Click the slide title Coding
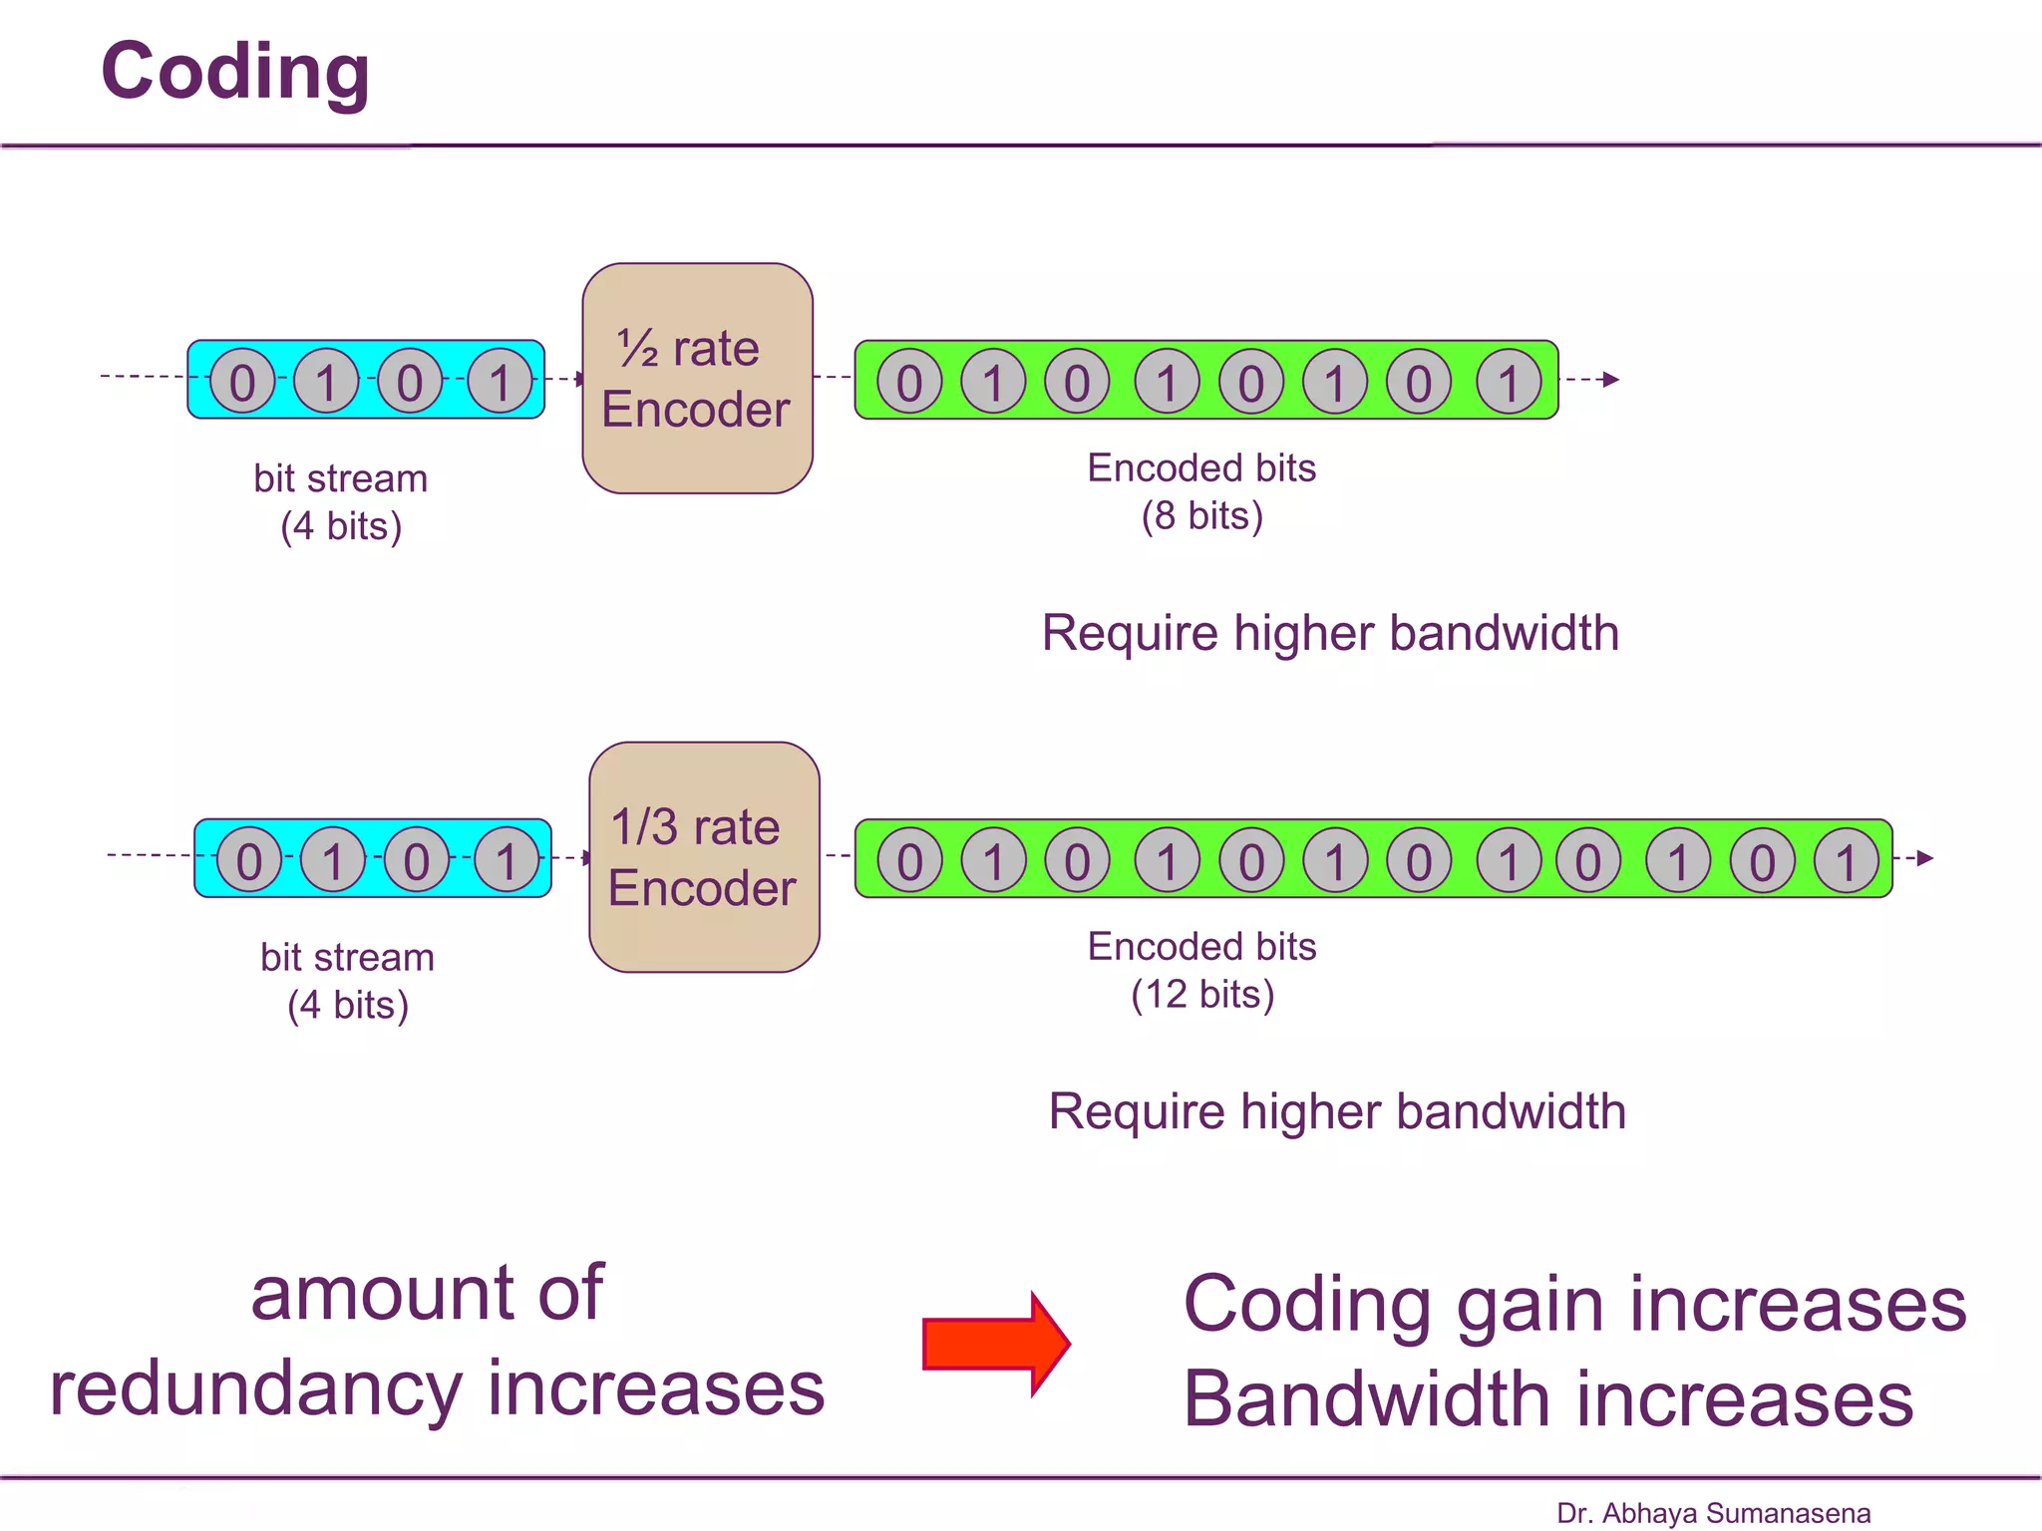(x=235, y=72)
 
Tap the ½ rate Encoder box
(x=697, y=379)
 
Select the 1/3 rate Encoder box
(x=704, y=857)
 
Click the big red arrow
(x=996, y=1344)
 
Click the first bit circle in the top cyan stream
(x=242, y=381)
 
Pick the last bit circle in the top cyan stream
(x=501, y=381)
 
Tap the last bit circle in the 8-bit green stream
(x=1509, y=381)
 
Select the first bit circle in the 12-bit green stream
(x=909, y=860)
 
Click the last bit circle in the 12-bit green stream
(x=1846, y=860)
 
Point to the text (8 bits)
(x=1201, y=516)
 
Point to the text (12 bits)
(x=1201, y=995)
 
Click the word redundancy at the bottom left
(x=255, y=1389)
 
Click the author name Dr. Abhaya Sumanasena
(x=1713, y=1513)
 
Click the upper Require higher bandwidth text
(x=1330, y=633)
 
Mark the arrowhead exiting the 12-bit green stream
(x=1925, y=858)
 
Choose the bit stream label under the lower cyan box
(x=347, y=958)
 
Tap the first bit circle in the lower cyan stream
(x=249, y=860)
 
